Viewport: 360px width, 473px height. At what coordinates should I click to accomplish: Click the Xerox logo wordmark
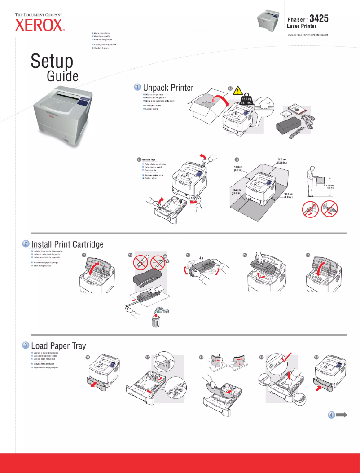coord(40,26)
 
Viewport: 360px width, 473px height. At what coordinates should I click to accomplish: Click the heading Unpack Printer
coord(168,88)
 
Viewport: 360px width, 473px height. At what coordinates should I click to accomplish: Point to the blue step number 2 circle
coord(26,243)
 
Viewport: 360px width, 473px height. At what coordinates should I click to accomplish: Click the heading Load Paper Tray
coord(58,346)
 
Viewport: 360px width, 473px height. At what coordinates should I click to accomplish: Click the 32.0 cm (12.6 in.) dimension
coord(282,160)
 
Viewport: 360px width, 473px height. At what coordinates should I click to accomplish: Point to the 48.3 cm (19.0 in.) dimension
coord(237,191)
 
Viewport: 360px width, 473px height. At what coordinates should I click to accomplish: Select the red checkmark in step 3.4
coord(286,359)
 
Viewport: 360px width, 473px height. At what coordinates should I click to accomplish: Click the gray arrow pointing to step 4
coord(342,415)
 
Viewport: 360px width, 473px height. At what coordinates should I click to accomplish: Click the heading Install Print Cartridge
coord(67,244)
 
